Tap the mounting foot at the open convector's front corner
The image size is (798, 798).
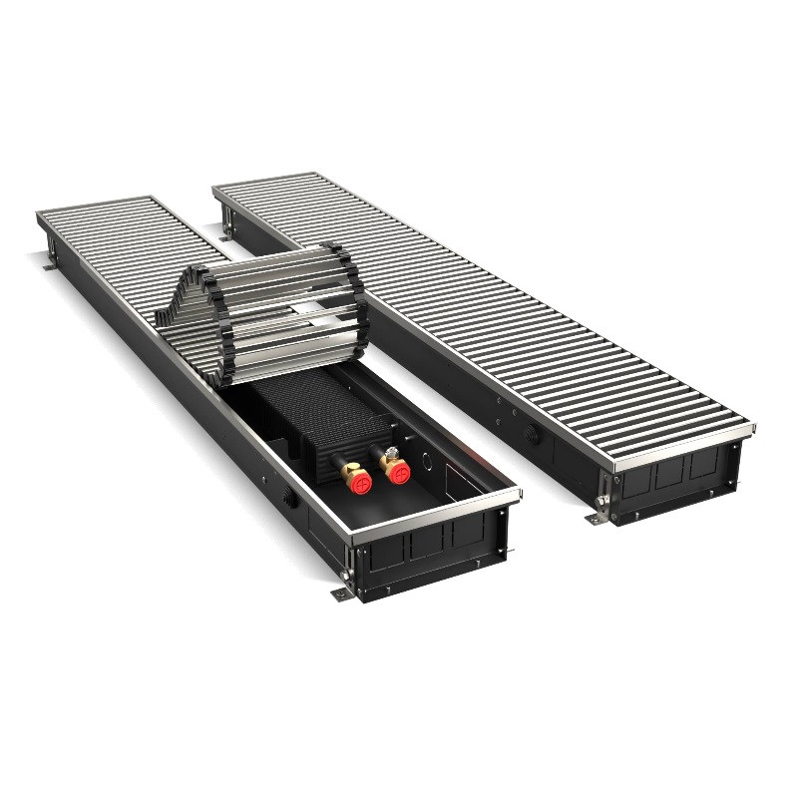click(340, 595)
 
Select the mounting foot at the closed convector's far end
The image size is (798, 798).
click(228, 230)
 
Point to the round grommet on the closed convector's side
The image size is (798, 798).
click(530, 435)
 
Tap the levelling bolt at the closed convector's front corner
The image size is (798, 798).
click(602, 499)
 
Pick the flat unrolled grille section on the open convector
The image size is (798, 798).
click(110, 239)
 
